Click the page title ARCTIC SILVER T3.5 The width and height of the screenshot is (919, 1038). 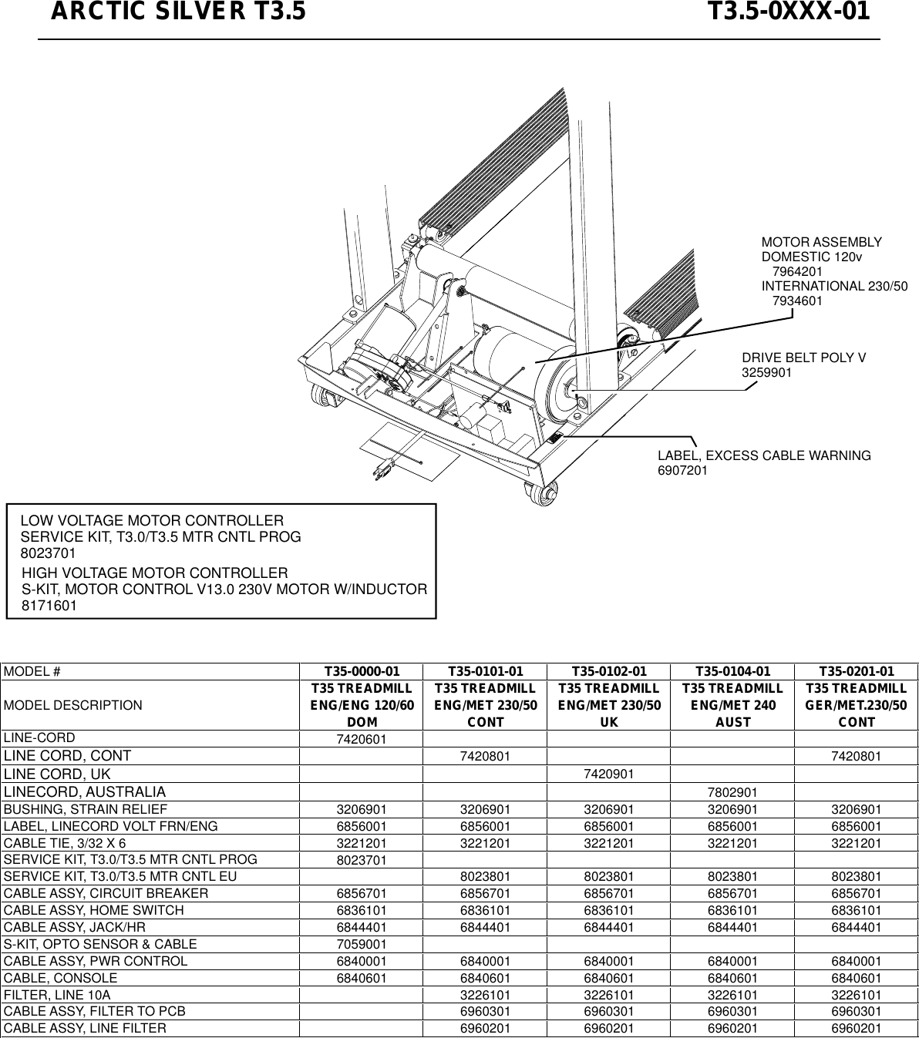click(x=178, y=13)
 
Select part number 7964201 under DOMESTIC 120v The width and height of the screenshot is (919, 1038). click(x=797, y=272)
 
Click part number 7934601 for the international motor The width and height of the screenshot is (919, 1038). click(x=797, y=301)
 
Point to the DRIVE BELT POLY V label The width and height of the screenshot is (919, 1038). click(x=803, y=358)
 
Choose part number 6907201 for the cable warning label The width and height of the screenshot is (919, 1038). click(x=682, y=470)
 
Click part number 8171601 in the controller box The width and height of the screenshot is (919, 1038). click(x=48, y=606)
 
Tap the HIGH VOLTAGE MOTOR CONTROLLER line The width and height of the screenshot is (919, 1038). click(x=155, y=573)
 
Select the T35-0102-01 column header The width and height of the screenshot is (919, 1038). click(x=609, y=671)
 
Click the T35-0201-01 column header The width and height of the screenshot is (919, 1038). click(x=857, y=671)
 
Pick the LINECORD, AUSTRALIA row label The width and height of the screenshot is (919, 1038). click(x=85, y=792)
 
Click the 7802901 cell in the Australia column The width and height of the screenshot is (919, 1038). click(x=732, y=793)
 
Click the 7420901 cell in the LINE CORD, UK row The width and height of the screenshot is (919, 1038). click(x=609, y=774)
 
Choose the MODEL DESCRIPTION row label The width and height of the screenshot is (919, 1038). click(x=73, y=705)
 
